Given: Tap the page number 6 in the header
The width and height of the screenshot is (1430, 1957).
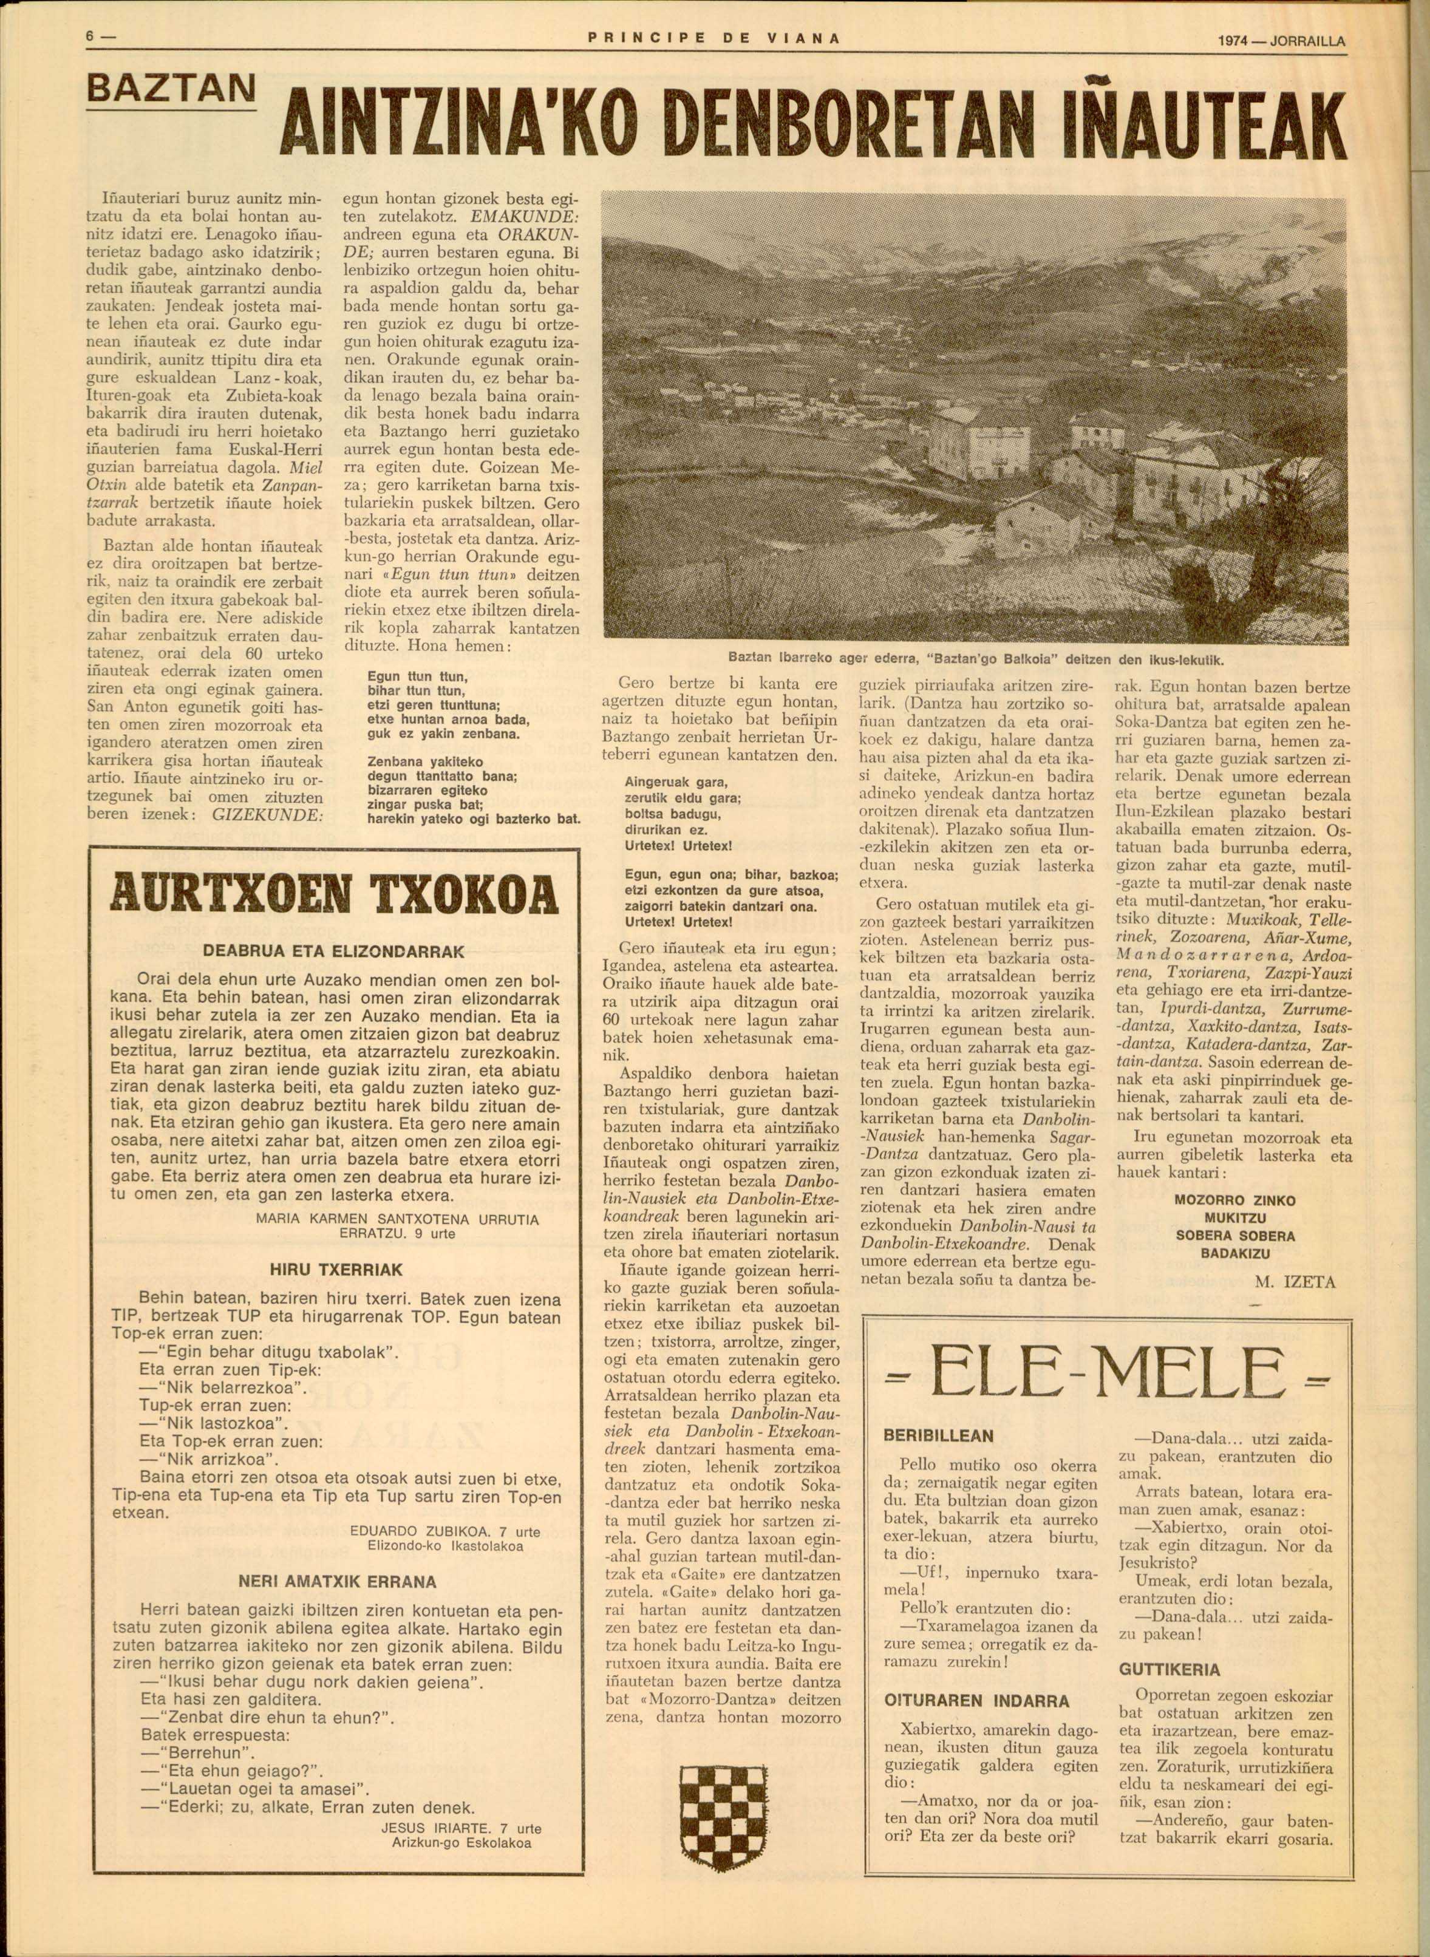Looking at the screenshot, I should (x=89, y=37).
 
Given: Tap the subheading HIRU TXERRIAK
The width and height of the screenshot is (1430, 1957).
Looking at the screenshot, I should (x=337, y=1270).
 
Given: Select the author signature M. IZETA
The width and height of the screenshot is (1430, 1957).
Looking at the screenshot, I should (x=1294, y=1283).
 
